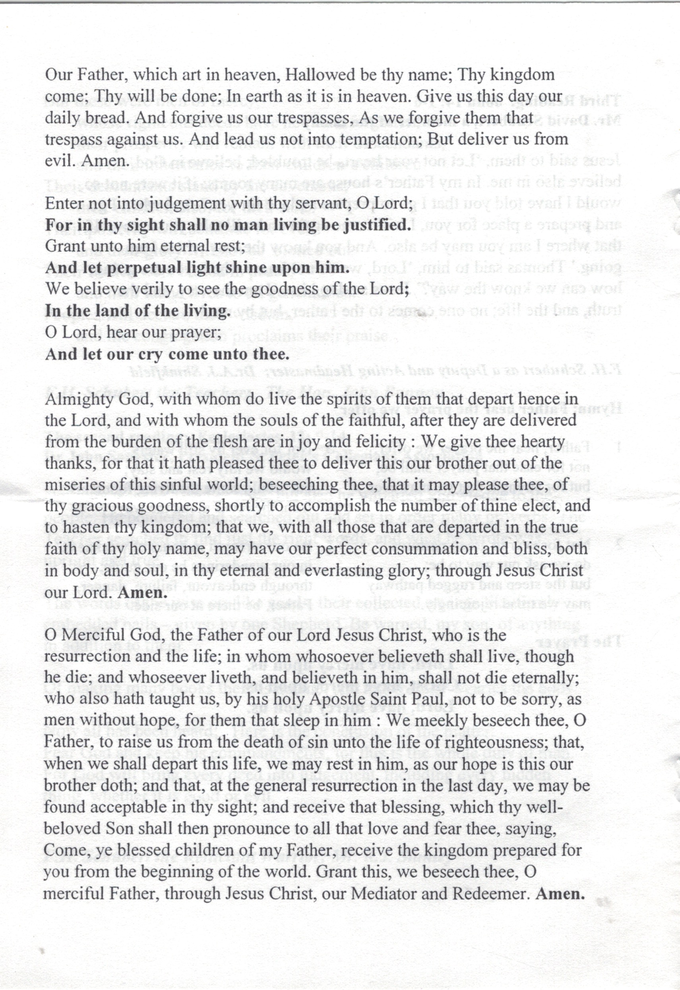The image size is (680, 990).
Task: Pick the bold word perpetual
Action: tap(145, 268)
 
